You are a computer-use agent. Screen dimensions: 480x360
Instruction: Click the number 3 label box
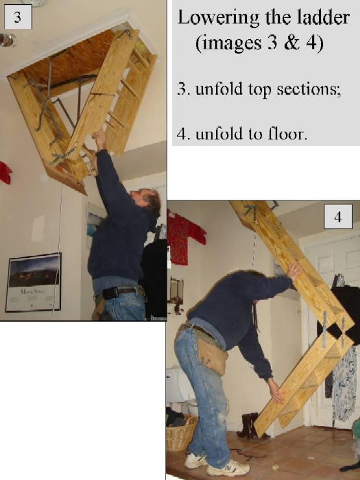[17, 18]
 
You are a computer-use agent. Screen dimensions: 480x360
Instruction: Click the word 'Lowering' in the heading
[213, 19]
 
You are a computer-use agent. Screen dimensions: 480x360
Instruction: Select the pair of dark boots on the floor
[250, 426]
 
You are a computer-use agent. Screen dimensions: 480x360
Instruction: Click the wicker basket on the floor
[180, 433]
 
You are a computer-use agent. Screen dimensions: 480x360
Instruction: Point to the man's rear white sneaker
[195, 461]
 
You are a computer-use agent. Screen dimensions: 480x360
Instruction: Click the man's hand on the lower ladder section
[276, 392]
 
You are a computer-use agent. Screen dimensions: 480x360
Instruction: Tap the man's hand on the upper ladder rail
[295, 269]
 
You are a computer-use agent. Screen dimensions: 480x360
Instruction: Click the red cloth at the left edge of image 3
[5, 172]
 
